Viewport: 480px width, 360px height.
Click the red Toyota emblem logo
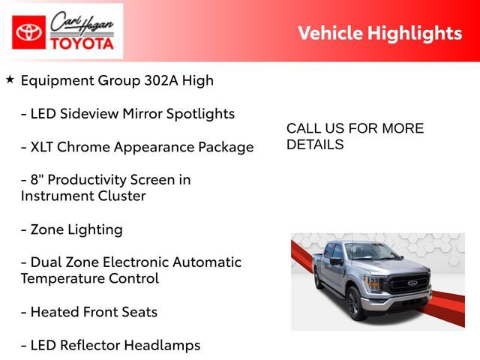pyautogui.click(x=28, y=32)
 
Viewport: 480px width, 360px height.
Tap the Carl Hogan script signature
pyautogui.click(x=82, y=23)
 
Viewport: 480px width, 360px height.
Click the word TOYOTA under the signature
pyautogui.click(x=82, y=43)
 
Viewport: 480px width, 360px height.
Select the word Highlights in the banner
pyautogui.click(x=415, y=33)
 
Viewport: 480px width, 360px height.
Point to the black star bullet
pyautogui.click(x=10, y=79)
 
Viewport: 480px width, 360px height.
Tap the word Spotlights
pyautogui.click(x=200, y=114)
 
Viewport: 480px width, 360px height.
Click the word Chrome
pyautogui.click(x=83, y=147)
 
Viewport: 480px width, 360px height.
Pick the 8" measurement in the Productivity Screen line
pyautogui.click(x=37, y=179)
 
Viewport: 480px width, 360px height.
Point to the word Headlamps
pyautogui.click(x=162, y=346)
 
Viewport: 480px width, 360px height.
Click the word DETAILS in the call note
pyautogui.click(x=315, y=145)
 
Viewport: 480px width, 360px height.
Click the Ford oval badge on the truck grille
pyautogui.click(x=412, y=283)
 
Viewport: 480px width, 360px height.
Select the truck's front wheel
pyautogui.click(x=356, y=304)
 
